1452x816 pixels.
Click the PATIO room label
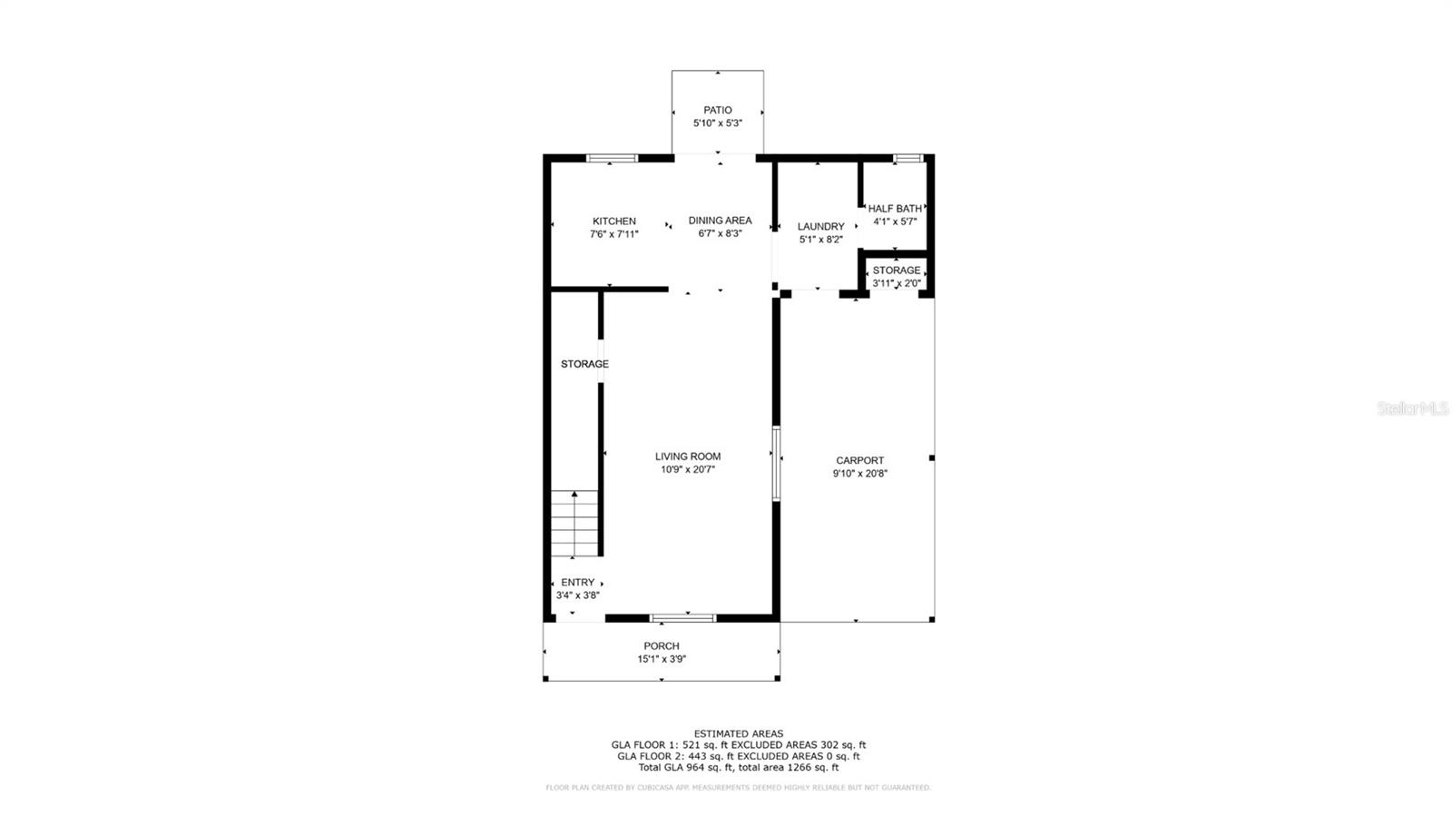pyautogui.click(x=718, y=110)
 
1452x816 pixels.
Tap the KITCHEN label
pyautogui.click(x=613, y=221)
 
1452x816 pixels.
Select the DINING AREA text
pyautogui.click(x=720, y=221)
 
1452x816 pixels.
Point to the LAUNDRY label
pyautogui.click(x=820, y=226)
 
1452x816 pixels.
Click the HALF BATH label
pyautogui.click(x=895, y=209)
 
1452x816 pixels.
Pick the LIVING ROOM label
pyautogui.click(x=688, y=457)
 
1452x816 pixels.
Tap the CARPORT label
pyautogui.click(x=860, y=460)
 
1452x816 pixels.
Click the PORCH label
pyautogui.click(x=662, y=645)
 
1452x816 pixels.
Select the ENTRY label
pyautogui.click(x=577, y=582)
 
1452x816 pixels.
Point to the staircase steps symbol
pyautogui.click(x=574, y=524)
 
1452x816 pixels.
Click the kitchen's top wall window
pyautogui.click(x=612, y=158)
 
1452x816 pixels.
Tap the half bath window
pyautogui.click(x=908, y=158)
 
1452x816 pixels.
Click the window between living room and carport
pyautogui.click(x=776, y=464)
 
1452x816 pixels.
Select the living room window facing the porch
pyautogui.click(x=682, y=618)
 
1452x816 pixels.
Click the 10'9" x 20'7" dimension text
pyautogui.click(x=688, y=469)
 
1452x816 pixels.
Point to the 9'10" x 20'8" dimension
pyautogui.click(x=860, y=473)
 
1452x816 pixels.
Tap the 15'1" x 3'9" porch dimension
pyautogui.click(x=662, y=659)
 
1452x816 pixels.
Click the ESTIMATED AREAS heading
pyautogui.click(x=739, y=733)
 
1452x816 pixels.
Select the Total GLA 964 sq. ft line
pyautogui.click(x=739, y=767)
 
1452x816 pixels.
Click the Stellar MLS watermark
pyautogui.click(x=1413, y=408)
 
